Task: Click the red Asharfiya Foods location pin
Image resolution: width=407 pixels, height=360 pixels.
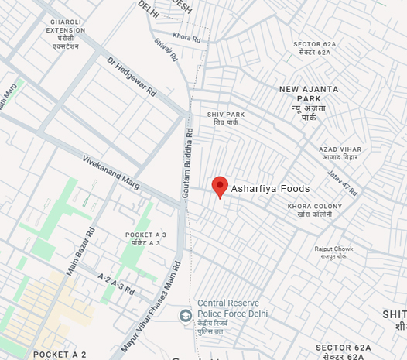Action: pyautogui.click(x=220, y=186)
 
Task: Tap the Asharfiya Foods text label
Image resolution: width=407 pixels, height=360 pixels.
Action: pyautogui.click(x=271, y=189)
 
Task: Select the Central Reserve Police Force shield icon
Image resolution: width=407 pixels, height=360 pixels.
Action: pyautogui.click(x=186, y=315)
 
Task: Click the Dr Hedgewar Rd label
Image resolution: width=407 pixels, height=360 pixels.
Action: pyautogui.click(x=132, y=77)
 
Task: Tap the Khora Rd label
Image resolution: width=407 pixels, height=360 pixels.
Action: pyautogui.click(x=186, y=37)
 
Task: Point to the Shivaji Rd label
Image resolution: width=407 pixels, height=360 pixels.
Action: pyautogui.click(x=166, y=50)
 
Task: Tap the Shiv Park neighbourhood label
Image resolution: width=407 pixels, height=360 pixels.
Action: pyautogui.click(x=226, y=118)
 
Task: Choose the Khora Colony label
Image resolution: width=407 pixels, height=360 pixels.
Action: pyautogui.click(x=314, y=210)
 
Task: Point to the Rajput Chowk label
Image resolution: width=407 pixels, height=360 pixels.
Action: pyautogui.click(x=333, y=252)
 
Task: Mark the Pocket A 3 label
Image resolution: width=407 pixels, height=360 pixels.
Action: pyautogui.click(x=145, y=238)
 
